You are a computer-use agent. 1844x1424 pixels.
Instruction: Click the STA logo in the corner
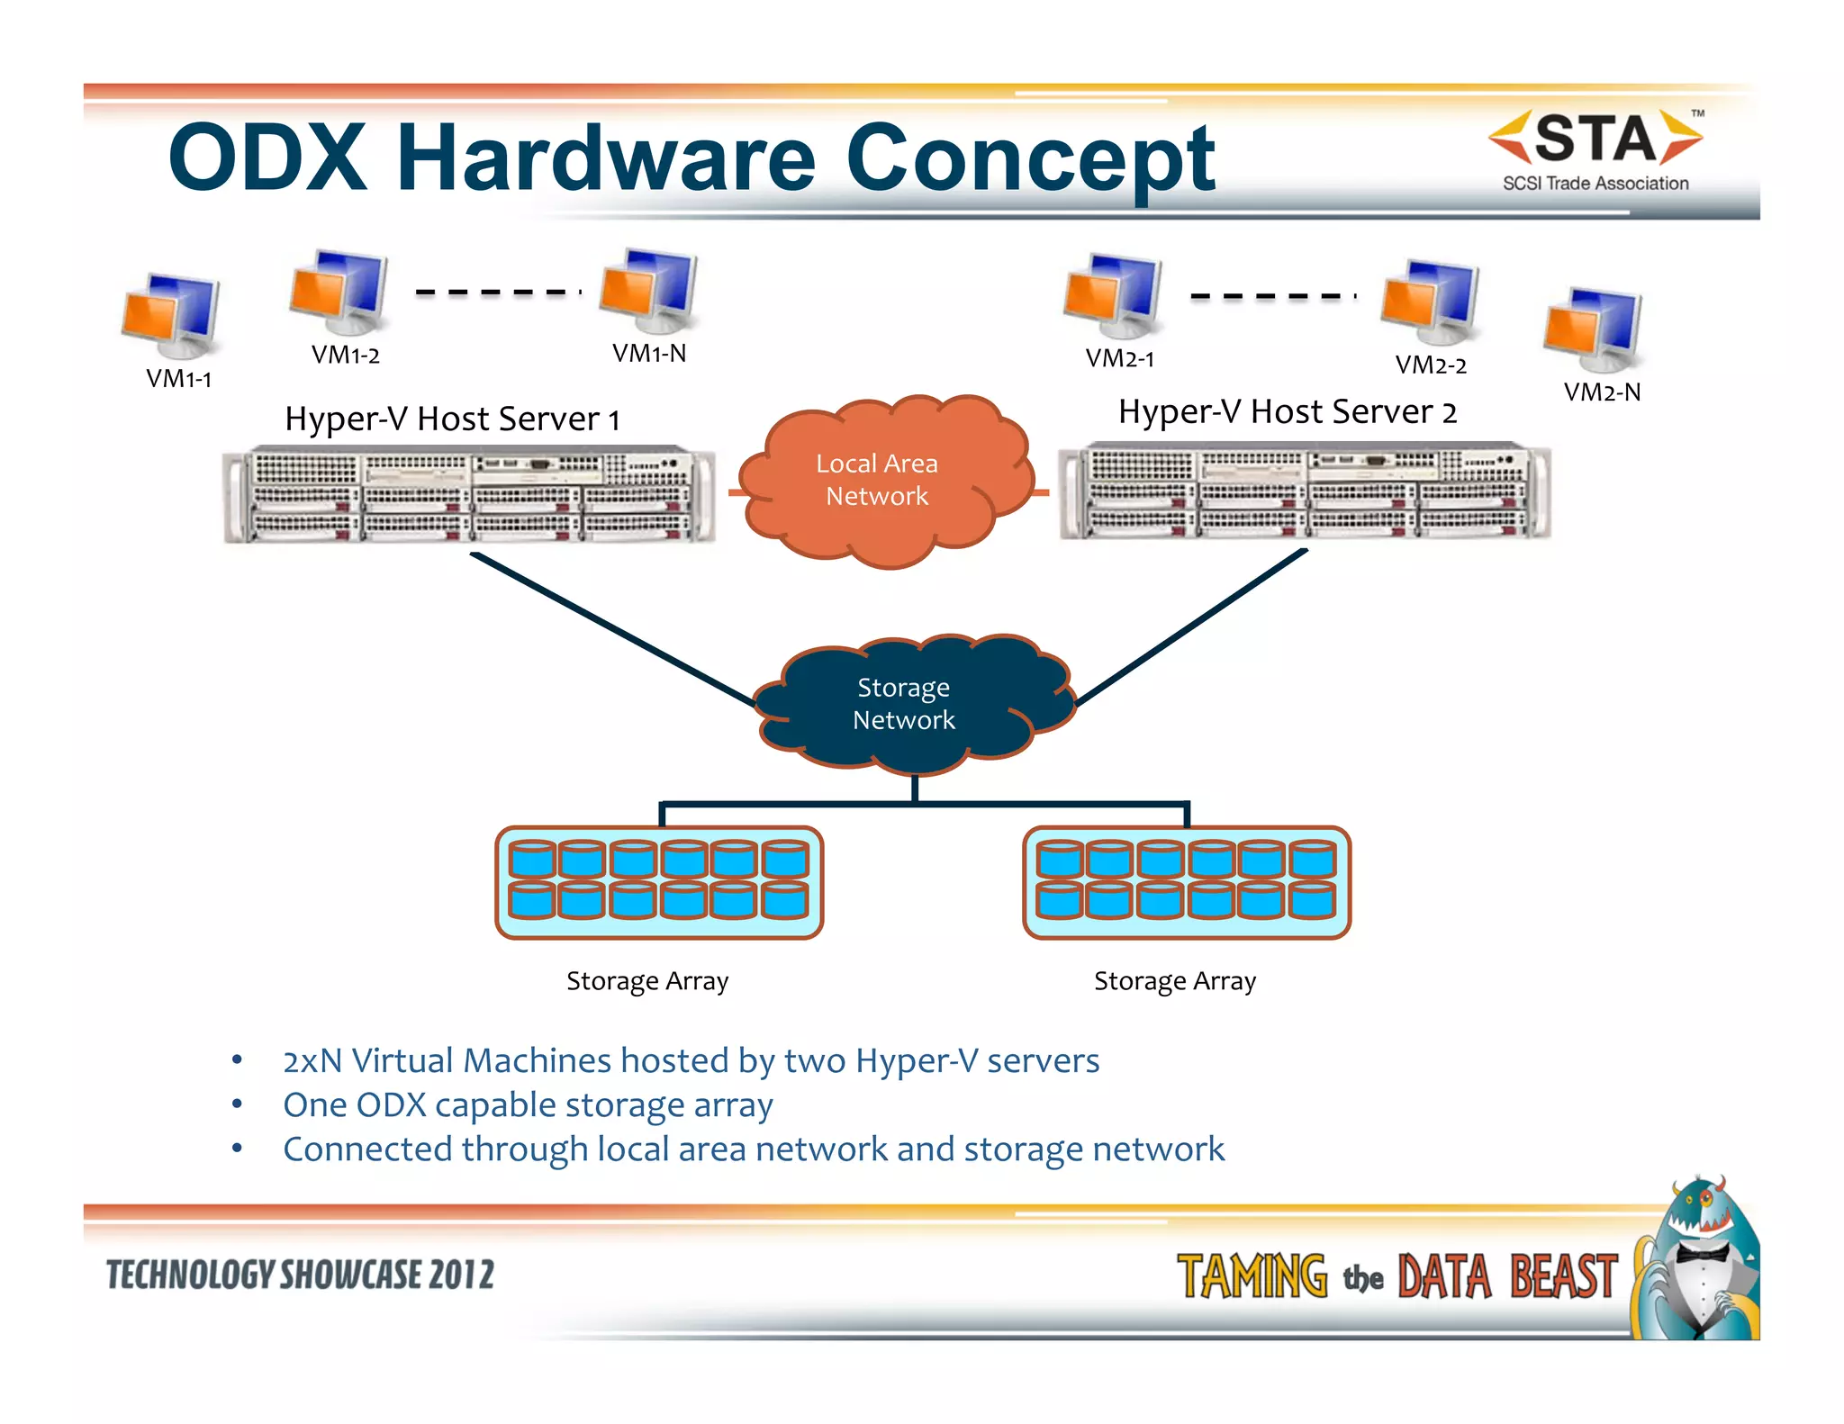1595,149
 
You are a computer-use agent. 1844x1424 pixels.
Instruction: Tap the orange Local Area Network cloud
878,482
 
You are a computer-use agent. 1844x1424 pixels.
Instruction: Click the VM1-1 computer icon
171,315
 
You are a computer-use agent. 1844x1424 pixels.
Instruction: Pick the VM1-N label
649,353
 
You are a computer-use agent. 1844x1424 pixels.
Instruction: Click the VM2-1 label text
1119,358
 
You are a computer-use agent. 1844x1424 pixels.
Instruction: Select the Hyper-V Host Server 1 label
452,419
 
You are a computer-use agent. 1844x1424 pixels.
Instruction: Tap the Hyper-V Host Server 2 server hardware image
1304,491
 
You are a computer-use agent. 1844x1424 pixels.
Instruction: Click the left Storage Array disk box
659,882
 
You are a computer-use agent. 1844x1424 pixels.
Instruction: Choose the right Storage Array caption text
1174,980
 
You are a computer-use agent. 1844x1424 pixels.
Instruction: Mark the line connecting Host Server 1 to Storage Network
612,628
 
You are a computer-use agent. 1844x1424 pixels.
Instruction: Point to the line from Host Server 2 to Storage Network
1190,626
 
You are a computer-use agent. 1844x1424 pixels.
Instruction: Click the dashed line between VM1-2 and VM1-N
498,292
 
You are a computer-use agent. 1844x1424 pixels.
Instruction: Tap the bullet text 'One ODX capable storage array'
528,1104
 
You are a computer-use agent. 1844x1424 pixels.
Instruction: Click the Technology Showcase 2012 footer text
300,1275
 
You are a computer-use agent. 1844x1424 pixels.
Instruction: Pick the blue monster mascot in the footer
1697,1260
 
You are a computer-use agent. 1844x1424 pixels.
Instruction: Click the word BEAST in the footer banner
1563,1276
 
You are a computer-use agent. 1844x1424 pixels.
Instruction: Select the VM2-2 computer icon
1431,302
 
